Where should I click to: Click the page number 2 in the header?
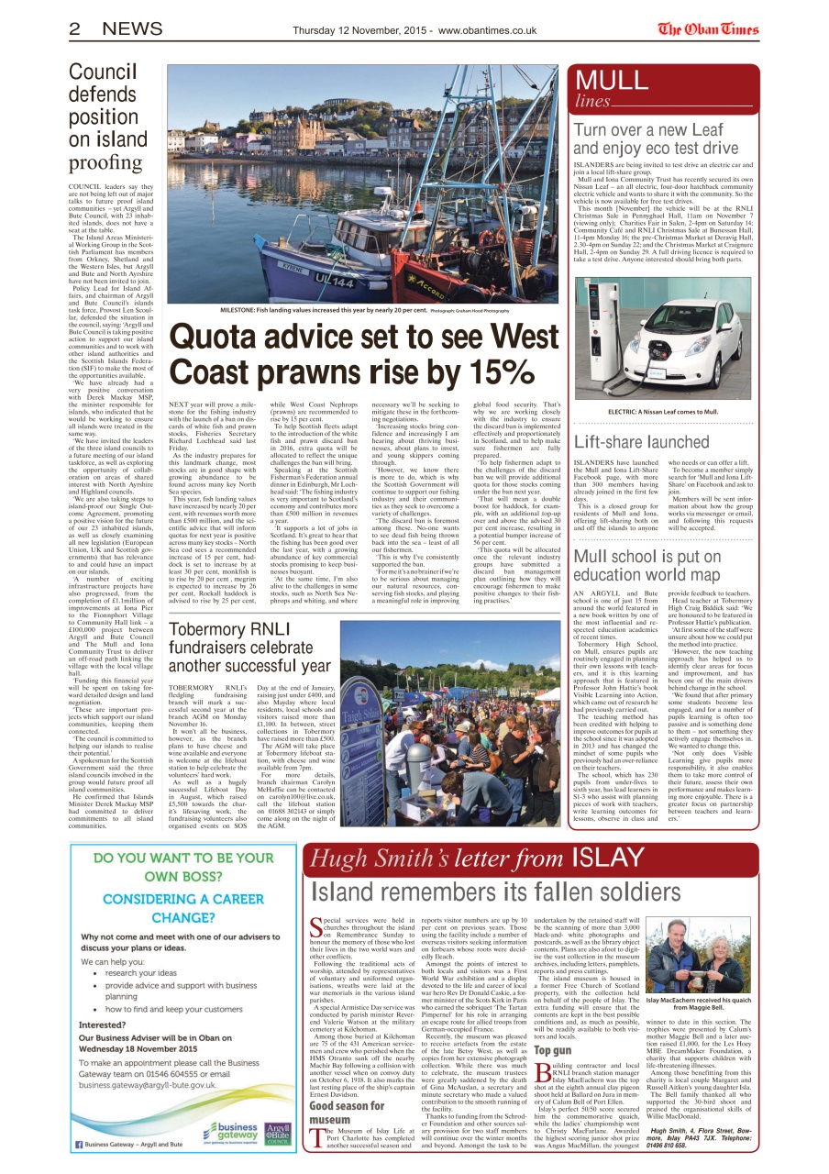pos(76,28)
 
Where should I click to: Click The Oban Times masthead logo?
pos(708,28)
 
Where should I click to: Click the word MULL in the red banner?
pos(612,81)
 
